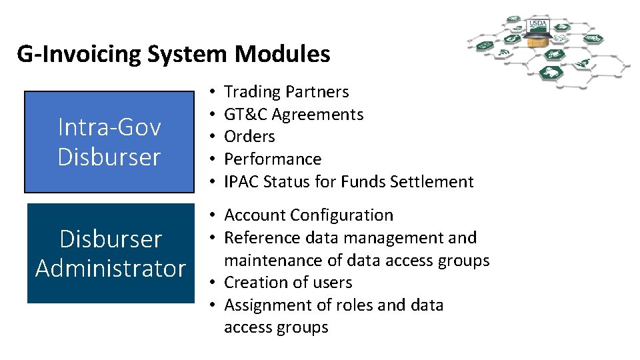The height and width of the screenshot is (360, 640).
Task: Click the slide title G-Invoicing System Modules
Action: point(173,53)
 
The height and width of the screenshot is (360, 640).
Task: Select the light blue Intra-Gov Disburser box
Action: point(109,142)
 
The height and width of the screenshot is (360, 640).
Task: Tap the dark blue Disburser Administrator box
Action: point(110,253)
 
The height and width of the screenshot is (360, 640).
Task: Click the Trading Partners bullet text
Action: point(286,91)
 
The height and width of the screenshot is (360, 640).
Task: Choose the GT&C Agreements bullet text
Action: point(293,114)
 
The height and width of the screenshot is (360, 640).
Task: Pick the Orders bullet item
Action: point(249,137)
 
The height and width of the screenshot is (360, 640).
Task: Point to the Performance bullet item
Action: point(273,159)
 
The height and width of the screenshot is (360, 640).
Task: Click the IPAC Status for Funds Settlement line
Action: point(349,181)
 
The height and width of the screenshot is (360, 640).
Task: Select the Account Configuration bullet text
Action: point(309,215)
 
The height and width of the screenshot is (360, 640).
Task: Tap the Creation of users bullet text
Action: point(288,283)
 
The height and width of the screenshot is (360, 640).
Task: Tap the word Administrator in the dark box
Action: point(110,268)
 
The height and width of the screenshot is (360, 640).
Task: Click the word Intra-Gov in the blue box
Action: point(109,127)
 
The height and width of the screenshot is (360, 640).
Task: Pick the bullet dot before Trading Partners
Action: point(210,91)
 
